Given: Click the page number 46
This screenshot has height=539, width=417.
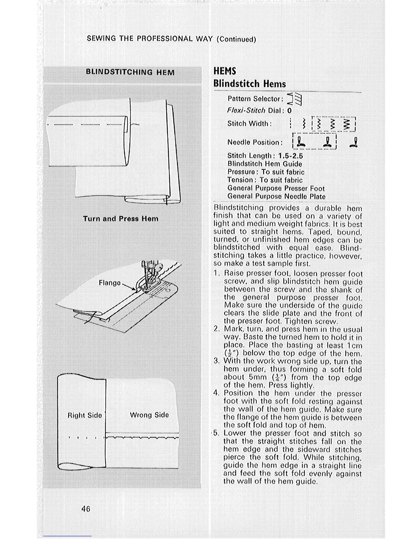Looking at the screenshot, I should point(86,509).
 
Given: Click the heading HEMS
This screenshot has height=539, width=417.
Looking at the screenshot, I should point(225,71).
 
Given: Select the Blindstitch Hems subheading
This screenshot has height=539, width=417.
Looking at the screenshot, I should point(249,84).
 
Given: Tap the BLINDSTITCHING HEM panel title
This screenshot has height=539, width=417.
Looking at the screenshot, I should point(130,72).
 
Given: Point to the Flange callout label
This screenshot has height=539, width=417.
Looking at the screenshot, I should point(109,283).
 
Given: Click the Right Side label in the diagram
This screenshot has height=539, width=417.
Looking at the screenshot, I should point(84,415).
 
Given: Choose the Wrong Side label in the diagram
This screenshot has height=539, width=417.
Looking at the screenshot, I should point(149,415).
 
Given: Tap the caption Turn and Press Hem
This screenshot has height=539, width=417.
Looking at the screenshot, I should point(121,218).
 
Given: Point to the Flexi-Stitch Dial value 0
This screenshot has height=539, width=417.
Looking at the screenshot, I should point(289,111).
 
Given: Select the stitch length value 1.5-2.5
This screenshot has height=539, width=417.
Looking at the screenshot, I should point(290,156).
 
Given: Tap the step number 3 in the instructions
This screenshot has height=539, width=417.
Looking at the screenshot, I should point(216,361).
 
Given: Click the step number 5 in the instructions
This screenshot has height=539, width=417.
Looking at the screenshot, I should point(216,433).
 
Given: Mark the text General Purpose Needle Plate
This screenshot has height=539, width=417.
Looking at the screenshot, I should point(276,196).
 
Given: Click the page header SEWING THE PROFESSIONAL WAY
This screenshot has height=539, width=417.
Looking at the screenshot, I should point(150,38).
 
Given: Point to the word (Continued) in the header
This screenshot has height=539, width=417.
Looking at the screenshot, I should point(236,39).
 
